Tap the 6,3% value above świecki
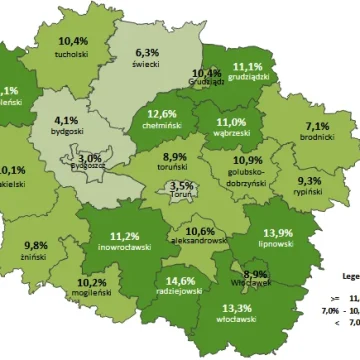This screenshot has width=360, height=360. pos(147,52)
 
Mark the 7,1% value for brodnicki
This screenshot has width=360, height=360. pos(317,127)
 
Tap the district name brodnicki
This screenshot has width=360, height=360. pos(317,139)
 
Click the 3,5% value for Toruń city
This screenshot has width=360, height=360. pos(181,186)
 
